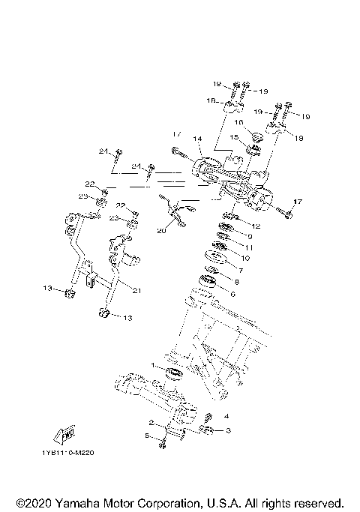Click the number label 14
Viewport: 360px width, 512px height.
click(198, 139)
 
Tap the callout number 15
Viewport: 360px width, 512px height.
click(233, 137)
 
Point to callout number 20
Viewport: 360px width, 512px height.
click(161, 231)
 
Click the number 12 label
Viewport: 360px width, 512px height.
click(256, 226)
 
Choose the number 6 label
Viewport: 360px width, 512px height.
click(232, 295)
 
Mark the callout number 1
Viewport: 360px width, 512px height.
click(153, 364)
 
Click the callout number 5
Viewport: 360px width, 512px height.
click(147, 436)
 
